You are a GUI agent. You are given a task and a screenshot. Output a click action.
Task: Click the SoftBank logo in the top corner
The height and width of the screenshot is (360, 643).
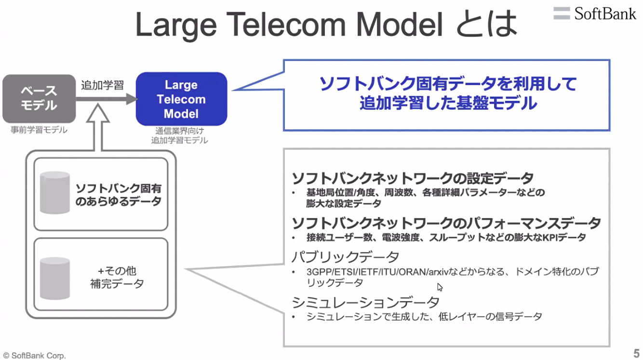pos(595,13)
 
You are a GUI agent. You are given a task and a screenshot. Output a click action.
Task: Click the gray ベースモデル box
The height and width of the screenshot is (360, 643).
pos(39,98)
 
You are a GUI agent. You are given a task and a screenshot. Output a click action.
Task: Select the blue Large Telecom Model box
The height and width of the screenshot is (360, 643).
pos(181,99)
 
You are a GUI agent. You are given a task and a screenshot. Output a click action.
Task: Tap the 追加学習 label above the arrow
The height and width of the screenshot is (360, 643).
pos(102,86)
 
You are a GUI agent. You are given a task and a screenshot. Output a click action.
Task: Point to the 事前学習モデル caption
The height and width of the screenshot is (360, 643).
pos(39,130)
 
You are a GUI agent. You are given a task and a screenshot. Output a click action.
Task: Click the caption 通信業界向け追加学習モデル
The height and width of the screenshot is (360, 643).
pos(180,135)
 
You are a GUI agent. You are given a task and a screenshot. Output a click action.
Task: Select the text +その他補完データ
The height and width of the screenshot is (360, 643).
pos(117,277)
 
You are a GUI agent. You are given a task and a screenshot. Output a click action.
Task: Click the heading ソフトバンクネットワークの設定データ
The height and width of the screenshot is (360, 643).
pos(413,178)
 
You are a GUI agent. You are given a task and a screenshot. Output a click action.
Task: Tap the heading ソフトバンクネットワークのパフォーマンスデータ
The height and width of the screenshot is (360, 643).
pos(446,223)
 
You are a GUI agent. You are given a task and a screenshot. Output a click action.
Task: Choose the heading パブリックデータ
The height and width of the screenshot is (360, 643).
pos(346,256)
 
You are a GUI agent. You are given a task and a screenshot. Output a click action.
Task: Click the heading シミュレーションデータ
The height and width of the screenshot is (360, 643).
pos(366,302)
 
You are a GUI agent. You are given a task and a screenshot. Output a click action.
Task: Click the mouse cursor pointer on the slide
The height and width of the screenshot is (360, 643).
pos(440,287)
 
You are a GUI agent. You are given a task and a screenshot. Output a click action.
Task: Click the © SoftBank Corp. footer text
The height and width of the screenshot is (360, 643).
pos(34,356)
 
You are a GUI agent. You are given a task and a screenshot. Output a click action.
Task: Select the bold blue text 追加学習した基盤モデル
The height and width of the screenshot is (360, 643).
pos(448,103)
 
